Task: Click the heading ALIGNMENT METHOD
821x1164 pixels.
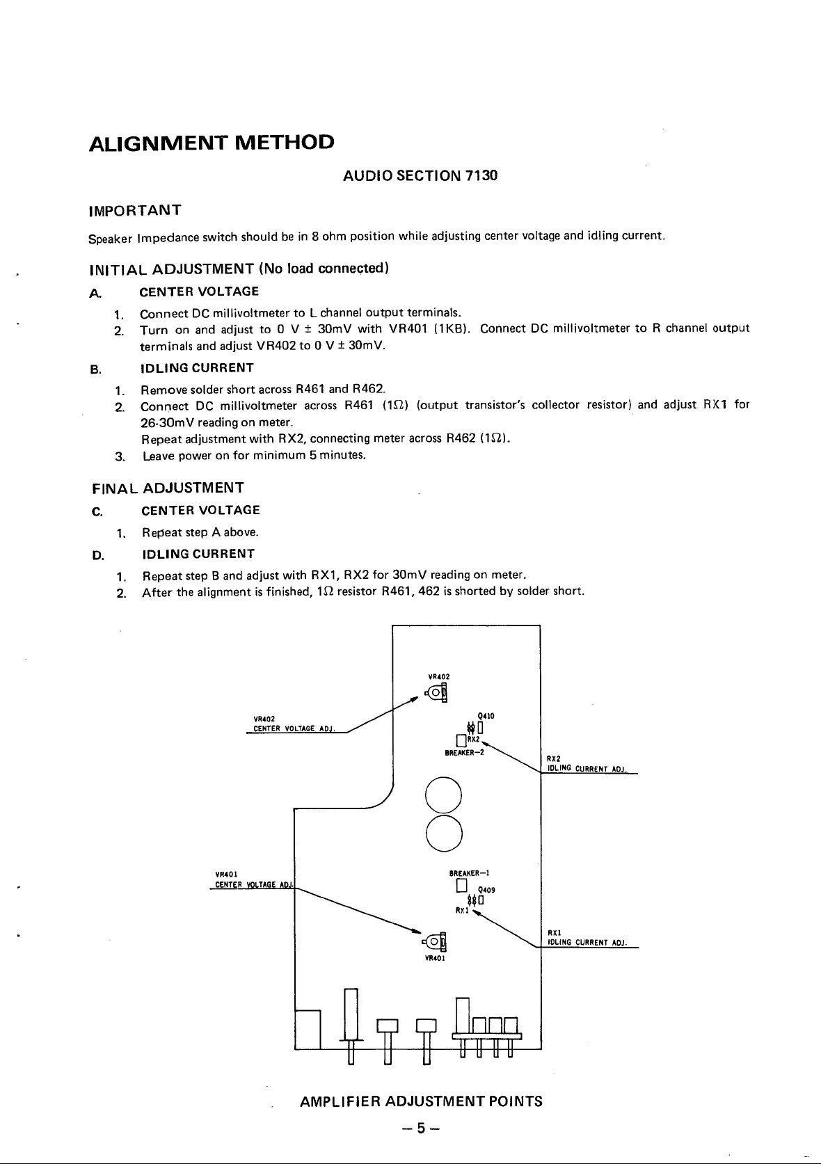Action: coord(212,143)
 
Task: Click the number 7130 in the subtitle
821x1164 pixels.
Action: coord(481,176)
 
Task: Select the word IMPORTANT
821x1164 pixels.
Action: coord(135,210)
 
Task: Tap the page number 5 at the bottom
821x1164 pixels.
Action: coord(420,1129)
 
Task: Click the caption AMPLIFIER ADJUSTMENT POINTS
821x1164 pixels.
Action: coord(420,1101)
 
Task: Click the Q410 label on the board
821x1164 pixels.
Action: coord(486,715)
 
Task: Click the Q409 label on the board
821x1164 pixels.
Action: coord(486,890)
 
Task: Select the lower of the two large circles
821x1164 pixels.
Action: coord(444,833)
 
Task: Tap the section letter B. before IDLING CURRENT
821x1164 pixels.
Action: coord(96,369)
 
